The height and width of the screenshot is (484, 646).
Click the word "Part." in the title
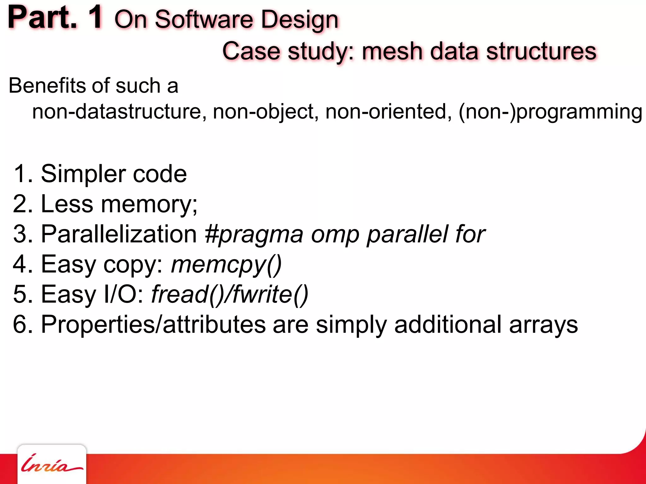tap(42, 18)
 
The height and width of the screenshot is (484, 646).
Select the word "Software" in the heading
tap(204, 20)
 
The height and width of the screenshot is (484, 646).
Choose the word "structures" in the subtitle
tap(541, 51)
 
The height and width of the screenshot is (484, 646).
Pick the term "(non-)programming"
tap(550, 112)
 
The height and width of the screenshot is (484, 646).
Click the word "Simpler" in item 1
tap(83, 174)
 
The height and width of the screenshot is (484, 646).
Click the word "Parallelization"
tap(119, 234)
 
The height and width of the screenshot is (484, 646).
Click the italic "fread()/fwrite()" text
tap(230, 294)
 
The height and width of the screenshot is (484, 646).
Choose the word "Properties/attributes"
tap(153, 324)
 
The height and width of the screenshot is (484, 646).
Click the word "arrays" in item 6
tap(543, 325)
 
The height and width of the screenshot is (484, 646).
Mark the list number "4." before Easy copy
tap(23, 264)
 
